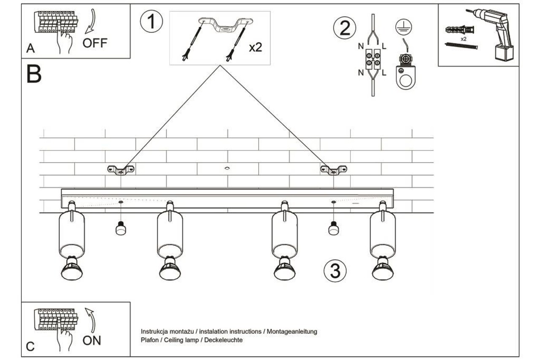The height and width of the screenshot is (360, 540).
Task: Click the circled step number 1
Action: click(x=151, y=22)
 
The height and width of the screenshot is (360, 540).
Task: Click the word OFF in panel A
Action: click(x=95, y=43)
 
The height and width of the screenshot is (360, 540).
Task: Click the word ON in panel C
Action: click(x=92, y=340)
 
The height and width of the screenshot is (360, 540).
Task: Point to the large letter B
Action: click(x=34, y=74)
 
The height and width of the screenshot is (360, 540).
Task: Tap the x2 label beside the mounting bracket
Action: click(x=255, y=47)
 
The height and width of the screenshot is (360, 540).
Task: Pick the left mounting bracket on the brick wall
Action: click(x=121, y=170)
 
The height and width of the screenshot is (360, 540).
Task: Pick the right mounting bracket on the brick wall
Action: click(x=334, y=170)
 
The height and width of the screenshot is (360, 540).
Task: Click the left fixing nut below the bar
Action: click(x=121, y=229)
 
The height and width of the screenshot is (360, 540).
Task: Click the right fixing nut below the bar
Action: click(x=334, y=229)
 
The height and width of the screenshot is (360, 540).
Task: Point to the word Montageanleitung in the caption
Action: click(x=291, y=332)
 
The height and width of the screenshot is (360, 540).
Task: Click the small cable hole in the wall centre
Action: click(x=227, y=168)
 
